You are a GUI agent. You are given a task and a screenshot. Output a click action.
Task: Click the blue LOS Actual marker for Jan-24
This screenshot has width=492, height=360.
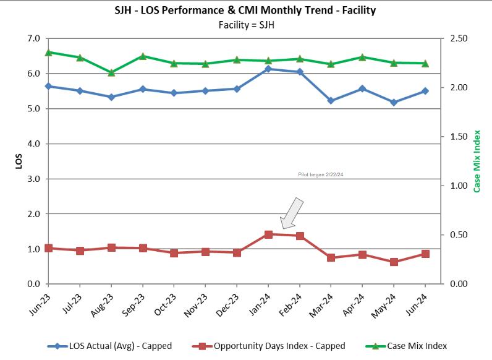coord(268,69)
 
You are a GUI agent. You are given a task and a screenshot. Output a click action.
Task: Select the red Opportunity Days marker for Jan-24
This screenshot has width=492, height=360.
coord(268,234)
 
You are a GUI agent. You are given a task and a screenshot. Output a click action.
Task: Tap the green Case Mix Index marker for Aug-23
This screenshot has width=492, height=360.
coord(111,72)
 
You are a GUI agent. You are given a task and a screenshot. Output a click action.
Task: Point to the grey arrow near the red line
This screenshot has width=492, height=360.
coord(291,213)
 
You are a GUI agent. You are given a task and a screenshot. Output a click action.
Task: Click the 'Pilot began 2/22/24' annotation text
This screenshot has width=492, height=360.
coord(320,175)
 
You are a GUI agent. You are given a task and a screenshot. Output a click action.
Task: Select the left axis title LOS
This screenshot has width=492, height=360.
coord(19,161)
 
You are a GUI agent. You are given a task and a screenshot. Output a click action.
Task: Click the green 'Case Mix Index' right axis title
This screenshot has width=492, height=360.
coord(477,161)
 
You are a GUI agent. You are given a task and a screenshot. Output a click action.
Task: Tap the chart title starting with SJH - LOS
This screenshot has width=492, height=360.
coord(245,11)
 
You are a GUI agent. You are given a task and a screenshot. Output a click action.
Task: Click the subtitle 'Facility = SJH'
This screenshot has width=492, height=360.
coord(245,24)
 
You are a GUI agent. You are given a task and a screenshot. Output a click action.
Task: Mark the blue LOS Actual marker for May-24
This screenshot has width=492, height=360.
coord(394,102)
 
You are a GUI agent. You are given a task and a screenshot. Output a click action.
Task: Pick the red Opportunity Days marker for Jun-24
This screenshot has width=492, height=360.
coord(425,254)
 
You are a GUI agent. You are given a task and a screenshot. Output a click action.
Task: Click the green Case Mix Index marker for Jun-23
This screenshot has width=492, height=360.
coord(48,53)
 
